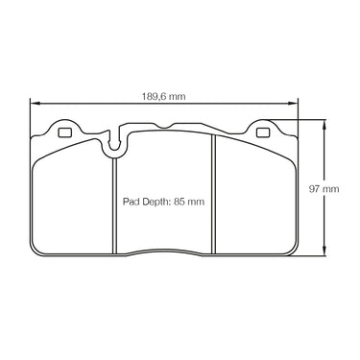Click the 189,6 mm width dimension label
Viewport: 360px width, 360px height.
coord(163,96)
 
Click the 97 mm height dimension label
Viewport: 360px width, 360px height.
coord(324,189)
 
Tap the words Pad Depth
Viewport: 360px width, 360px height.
coord(146,203)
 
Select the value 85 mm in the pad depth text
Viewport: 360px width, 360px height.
coord(188,202)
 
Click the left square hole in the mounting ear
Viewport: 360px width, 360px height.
coord(64,132)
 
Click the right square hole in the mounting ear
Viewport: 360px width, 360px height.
coord(263,132)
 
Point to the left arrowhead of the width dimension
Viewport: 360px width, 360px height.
coord(35,104)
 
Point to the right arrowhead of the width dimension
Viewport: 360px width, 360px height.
coord(293,104)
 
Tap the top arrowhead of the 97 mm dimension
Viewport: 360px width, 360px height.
coord(324,124)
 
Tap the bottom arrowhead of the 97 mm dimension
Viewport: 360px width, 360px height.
coord(324,251)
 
